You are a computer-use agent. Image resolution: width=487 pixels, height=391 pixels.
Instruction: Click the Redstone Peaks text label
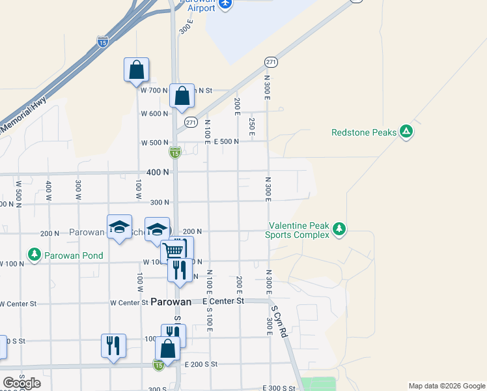pyautogui.click(x=363, y=132)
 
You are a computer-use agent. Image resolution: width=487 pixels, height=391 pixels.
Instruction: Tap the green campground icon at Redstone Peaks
pyautogui.click(x=406, y=132)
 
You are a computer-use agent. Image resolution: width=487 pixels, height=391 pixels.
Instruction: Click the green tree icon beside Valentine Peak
pyautogui.click(x=338, y=229)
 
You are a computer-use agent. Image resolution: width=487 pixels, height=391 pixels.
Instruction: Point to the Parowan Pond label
pyautogui.click(x=74, y=255)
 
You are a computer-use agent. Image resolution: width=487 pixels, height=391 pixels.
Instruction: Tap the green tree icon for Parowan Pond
pyautogui.click(x=34, y=253)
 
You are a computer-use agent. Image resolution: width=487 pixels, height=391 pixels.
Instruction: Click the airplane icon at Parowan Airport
pyautogui.click(x=225, y=4)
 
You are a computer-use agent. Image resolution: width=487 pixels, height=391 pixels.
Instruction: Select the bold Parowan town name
pyautogui.click(x=171, y=302)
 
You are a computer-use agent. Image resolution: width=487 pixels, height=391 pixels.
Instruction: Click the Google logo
pyautogui.click(x=21, y=383)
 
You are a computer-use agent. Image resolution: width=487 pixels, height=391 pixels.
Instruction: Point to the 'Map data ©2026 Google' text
pyautogui.click(x=447, y=386)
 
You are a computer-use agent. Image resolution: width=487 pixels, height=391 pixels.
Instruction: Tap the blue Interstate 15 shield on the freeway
pyautogui.click(x=102, y=42)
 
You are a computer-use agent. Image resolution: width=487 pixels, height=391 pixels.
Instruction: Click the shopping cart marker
pyautogui.click(x=173, y=250)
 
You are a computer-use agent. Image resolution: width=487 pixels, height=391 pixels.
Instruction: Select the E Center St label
pyautogui.click(x=223, y=301)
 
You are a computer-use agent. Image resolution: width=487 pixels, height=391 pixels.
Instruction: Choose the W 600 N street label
pyautogui.click(x=154, y=113)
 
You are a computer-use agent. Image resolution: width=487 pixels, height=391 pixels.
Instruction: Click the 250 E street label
pyautogui.click(x=251, y=123)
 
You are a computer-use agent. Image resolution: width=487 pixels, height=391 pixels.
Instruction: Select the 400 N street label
pyautogui.click(x=157, y=172)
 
